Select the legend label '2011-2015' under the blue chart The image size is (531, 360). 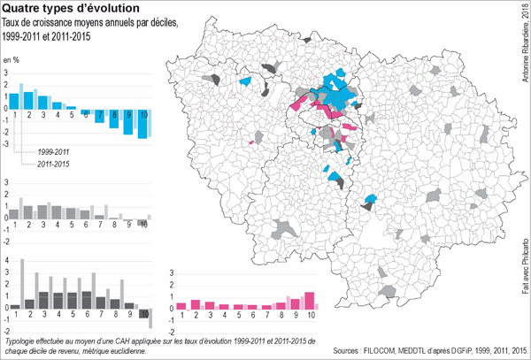tap(54, 165)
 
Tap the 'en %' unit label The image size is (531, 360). tap(12, 59)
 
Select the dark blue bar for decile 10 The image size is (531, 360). tap(142, 125)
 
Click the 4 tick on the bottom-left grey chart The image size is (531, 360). tap(7, 260)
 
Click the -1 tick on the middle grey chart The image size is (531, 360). tap(7, 228)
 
